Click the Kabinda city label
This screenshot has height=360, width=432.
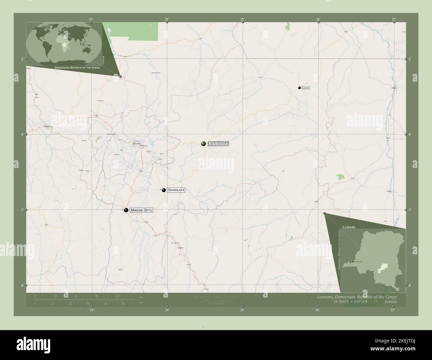pos(218,144)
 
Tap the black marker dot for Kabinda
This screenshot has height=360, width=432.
pos(203,143)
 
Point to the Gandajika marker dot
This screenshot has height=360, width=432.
pos(164,190)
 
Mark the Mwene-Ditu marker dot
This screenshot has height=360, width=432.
pos(126,210)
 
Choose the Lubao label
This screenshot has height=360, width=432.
pos(306,88)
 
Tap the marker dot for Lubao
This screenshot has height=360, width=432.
pos(299,88)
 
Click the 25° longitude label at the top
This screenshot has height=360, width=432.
pos(243,19)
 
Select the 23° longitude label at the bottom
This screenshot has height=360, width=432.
pos(92,310)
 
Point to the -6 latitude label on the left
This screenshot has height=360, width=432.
pos(22,135)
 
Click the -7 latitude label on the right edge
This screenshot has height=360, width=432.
pos(410,210)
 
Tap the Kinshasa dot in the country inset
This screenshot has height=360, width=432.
pos(352,262)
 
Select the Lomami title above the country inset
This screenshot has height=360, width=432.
pos(349,226)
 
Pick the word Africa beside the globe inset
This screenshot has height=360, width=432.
pos(104,60)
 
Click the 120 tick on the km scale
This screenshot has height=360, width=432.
pos(117,296)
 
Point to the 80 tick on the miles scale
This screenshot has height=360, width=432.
pos(123,304)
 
